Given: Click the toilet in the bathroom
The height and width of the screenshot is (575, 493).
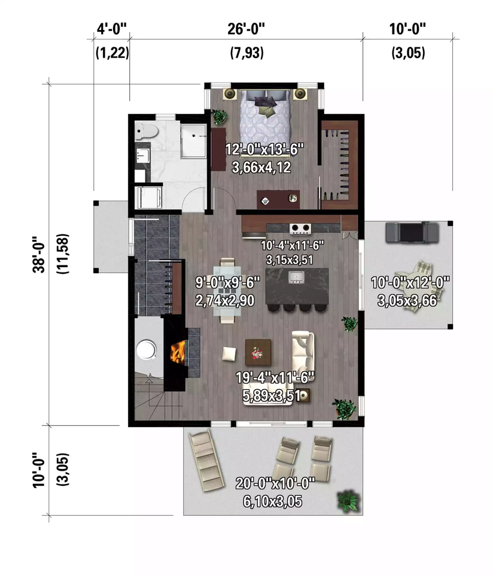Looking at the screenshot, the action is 146,131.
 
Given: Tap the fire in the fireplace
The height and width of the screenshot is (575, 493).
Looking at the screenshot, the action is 178,352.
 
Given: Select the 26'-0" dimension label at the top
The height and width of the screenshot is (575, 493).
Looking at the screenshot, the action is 246,29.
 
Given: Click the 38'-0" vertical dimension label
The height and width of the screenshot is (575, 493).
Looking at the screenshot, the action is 38,254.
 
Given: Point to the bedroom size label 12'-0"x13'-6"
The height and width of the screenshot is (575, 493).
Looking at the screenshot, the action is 264,150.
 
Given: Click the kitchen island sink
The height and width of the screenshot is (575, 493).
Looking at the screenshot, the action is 296,277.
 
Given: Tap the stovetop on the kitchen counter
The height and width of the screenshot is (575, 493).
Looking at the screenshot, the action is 300,228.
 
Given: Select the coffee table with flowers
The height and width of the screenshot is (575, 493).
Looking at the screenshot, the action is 258,352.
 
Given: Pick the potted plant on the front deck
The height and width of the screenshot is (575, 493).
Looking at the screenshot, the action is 348,501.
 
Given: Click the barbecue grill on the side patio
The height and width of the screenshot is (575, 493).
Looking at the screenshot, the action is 412,232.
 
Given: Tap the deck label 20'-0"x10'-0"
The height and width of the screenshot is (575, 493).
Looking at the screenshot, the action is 275,483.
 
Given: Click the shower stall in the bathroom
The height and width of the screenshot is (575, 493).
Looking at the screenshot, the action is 194,141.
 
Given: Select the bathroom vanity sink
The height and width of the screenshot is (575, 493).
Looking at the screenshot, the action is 142,155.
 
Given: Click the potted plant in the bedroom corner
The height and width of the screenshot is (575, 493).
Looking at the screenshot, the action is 220,117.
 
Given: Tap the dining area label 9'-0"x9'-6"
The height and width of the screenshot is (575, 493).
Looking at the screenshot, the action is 227,282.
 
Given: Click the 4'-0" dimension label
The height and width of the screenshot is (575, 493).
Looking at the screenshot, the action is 112,29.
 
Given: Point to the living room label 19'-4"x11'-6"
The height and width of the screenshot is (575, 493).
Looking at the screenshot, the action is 275,377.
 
